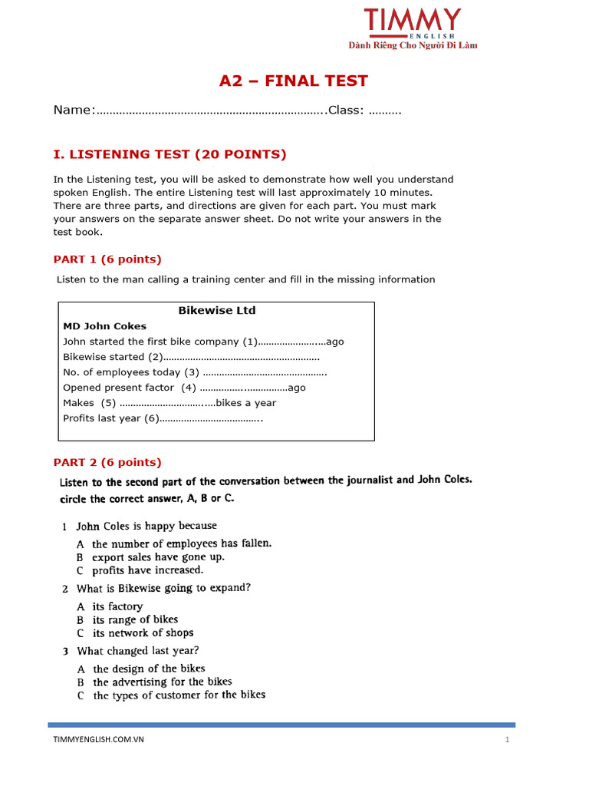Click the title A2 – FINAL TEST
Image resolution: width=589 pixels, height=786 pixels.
point(294,81)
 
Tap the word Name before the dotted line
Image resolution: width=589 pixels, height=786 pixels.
point(72,111)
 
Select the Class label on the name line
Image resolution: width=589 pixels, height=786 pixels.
point(345,111)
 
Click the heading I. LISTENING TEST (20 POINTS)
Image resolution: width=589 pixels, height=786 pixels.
point(169,154)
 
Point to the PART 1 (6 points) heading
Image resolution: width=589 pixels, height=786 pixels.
point(107,259)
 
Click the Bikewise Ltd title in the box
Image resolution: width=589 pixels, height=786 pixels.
point(217,311)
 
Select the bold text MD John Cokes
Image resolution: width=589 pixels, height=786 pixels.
point(104,326)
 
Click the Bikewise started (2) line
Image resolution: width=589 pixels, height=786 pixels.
point(191,357)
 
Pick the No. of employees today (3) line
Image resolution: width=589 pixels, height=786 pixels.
point(195,372)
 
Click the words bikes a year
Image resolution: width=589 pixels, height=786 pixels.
point(245,403)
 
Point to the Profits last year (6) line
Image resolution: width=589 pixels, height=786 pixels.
point(163,418)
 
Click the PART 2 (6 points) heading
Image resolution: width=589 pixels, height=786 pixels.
point(107,462)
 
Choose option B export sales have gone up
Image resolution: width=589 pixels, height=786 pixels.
point(158,557)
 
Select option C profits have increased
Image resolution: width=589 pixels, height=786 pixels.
point(147,570)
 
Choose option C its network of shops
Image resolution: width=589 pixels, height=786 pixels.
point(143,633)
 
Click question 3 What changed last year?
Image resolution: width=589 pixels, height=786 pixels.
point(163,651)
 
